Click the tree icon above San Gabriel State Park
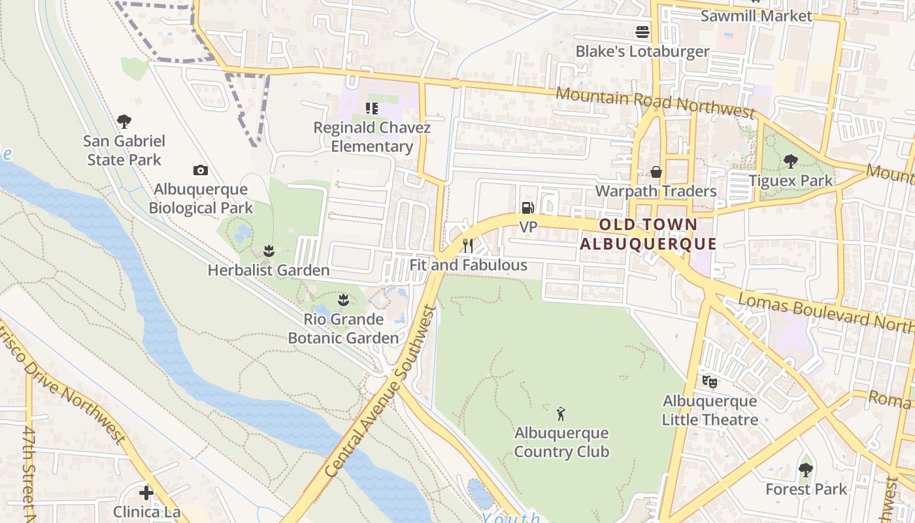(124, 121)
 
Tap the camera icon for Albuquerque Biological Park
(201, 171)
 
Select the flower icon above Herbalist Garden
(268, 250)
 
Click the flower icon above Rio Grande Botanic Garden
(343, 300)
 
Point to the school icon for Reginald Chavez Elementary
(372, 109)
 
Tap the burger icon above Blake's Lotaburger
(642, 32)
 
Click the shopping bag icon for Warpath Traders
(656, 172)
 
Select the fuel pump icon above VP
(527, 208)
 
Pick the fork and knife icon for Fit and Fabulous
(468, 246)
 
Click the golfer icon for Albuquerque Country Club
(561, 413)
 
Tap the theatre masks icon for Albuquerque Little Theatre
(710, 381)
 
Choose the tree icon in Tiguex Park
(791, 161)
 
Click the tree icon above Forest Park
(806, 469)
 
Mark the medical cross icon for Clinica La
(146, 492)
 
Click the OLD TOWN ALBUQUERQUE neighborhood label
(648, 235)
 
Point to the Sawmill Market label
(756, 16)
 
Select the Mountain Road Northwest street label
(655, 102)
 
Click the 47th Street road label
(28, 474)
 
